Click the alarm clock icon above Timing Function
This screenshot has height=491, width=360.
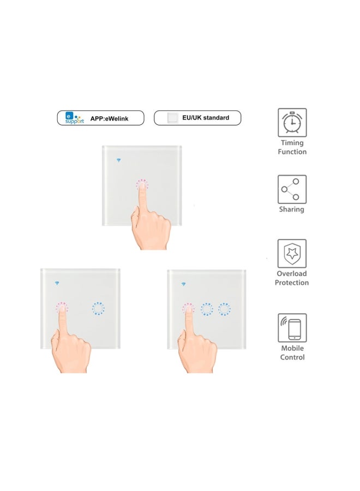click(x=292, y=122)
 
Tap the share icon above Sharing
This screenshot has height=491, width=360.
click(x=292, y=189)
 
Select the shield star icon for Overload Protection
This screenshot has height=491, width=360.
click(x=292, y=253)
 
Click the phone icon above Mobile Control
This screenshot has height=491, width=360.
click(x=292, y=328)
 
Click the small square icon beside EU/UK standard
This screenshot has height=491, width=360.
click(x=172, y=117)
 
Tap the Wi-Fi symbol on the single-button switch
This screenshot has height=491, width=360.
click(x=119, y=160)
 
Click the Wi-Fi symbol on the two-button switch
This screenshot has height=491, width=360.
click(x=57, y=283)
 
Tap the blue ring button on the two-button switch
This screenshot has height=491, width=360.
click(x=98, y=309)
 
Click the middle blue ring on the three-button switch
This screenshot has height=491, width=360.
click(x=206, y=309)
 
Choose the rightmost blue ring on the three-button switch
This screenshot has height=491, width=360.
click(x=224, y=309)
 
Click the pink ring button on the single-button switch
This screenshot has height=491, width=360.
click(x=142, y=185)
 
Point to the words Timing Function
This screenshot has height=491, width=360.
click(x=292, y=147)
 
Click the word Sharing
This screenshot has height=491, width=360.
click(x=292, y=209)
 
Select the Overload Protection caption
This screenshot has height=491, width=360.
click(x=292, y=278)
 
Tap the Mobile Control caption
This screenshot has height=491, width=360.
click(x=292, y=352)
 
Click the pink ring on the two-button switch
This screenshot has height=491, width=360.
click(x=62, y=309)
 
